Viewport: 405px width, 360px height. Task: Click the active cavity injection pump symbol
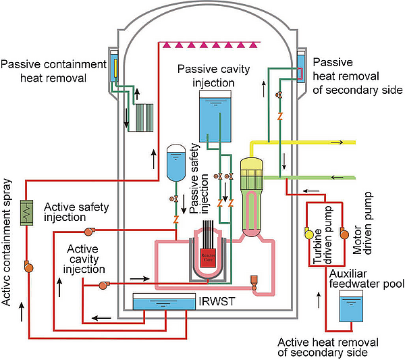(103, 285)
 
